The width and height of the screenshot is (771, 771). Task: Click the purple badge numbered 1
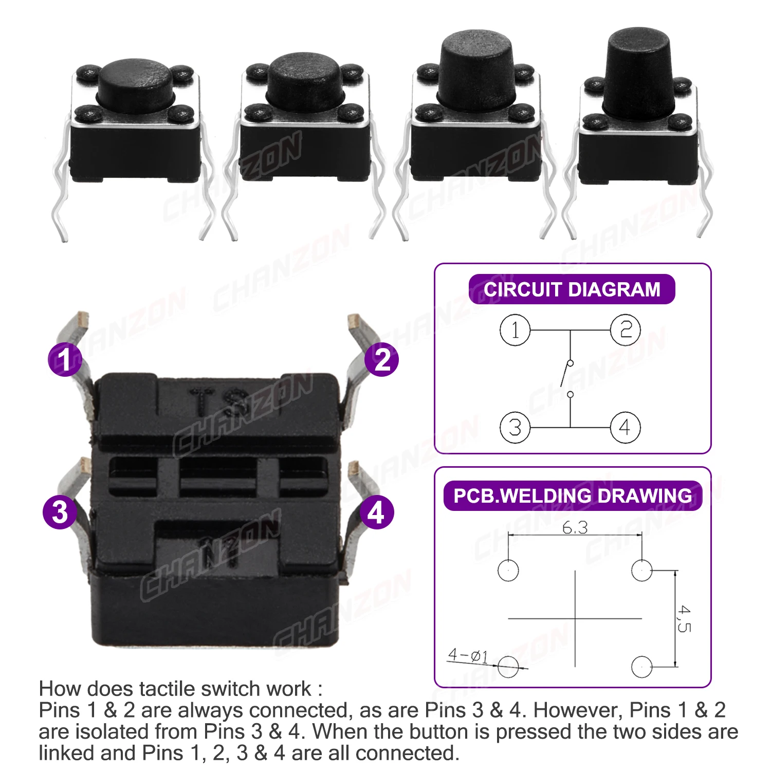pyautogui.click(x=65, y=359)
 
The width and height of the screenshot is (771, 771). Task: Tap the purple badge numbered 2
pyautogui.click(x=382, y=359)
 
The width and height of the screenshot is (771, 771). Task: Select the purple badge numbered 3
pyautogui.click(x=60, y=512)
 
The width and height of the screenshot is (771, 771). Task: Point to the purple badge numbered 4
pyautogui.click(x=377, y=512)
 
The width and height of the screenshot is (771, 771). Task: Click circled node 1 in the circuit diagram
pyautogui.click(x=515, y=330)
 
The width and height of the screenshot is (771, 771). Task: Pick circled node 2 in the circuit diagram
pyautogui.click(x=626, y=330)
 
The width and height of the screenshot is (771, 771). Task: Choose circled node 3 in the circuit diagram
pyautogui.click(x=515, y=427)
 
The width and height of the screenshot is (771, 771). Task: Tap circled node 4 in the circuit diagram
pyautogui.click(x=626, y=427)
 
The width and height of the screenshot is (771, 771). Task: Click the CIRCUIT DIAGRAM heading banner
pyautogui.click(x=572, y=289)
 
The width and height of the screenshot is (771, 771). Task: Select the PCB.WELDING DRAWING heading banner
pyautogui.click(x=573, y=496)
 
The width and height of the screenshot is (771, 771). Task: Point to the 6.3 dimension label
pyautogui.click(x=575, y=527)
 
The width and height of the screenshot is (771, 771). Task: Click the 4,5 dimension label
pyautogui.click(x=684, y=619)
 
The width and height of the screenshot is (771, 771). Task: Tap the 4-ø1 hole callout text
pyautogui.click(x=468, y=655)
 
